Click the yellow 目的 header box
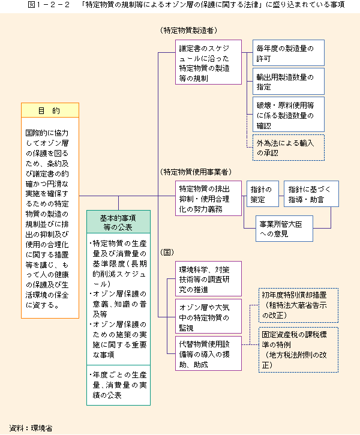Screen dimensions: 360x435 (x=50, y=110)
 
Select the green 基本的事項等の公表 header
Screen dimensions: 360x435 (x=118, y=222)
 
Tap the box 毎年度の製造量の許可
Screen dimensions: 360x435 (x=289, y=53)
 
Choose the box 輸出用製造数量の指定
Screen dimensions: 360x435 (x=289, y=81)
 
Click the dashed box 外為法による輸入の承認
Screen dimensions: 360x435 (x=289, y=148)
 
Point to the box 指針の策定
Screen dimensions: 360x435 (x=263, y=194)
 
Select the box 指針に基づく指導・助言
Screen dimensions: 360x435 (x=311, y=194)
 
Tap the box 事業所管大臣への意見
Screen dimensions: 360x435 (x=284, y=229)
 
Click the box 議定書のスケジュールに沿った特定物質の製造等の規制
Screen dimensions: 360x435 (x=208, y=62)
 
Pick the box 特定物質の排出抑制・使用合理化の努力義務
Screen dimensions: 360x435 (x=208, y=199)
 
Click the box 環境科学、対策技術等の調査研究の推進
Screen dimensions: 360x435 (x=208, y=278)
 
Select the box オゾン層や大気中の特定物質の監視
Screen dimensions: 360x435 (x=208, y=316)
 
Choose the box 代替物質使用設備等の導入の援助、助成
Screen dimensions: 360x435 (x=208, y=353)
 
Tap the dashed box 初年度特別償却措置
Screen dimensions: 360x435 (x=298, y=305)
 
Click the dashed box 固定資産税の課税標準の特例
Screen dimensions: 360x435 (x=298, y=350)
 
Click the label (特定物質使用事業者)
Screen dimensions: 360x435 (x=196, y=172)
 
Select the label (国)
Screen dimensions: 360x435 (x=167, y=252)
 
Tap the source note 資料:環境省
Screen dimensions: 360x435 (x=31, y=428)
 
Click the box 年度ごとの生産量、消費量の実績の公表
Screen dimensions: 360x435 (x=118, y=385)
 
